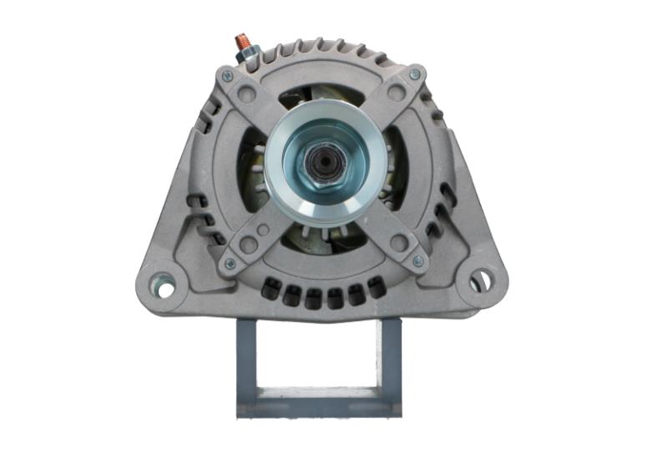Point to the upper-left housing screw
pyautogui.click(x=227, y=76)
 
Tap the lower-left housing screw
pyautogui.click(x=230, y=264)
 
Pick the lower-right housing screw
pyautogui.click(x=417, y=262)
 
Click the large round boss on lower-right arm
pyautogui.click(x=399, y=243)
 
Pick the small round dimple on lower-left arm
pyautogui.click(x=264, y=229)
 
